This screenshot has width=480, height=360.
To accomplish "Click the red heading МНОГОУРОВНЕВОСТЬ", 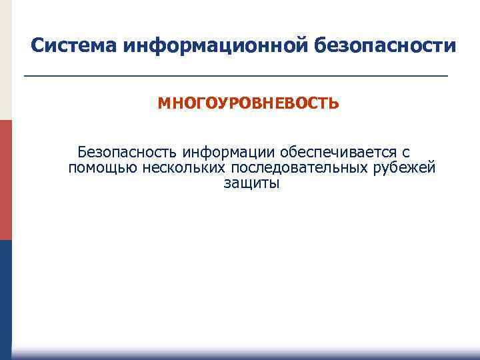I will pos(248,105).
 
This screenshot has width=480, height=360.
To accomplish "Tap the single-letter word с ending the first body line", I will pos(406,153).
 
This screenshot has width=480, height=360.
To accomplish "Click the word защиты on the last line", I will pos(252,183).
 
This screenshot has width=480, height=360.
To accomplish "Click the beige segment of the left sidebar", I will pos(5,60).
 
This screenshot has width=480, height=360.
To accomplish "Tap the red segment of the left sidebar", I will pos(5,180).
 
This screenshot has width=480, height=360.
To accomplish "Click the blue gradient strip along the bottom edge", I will pos(247,355).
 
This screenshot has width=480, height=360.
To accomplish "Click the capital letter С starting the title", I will pos(38,46).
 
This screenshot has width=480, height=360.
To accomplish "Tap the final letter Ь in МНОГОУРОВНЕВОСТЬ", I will pos(334,105).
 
